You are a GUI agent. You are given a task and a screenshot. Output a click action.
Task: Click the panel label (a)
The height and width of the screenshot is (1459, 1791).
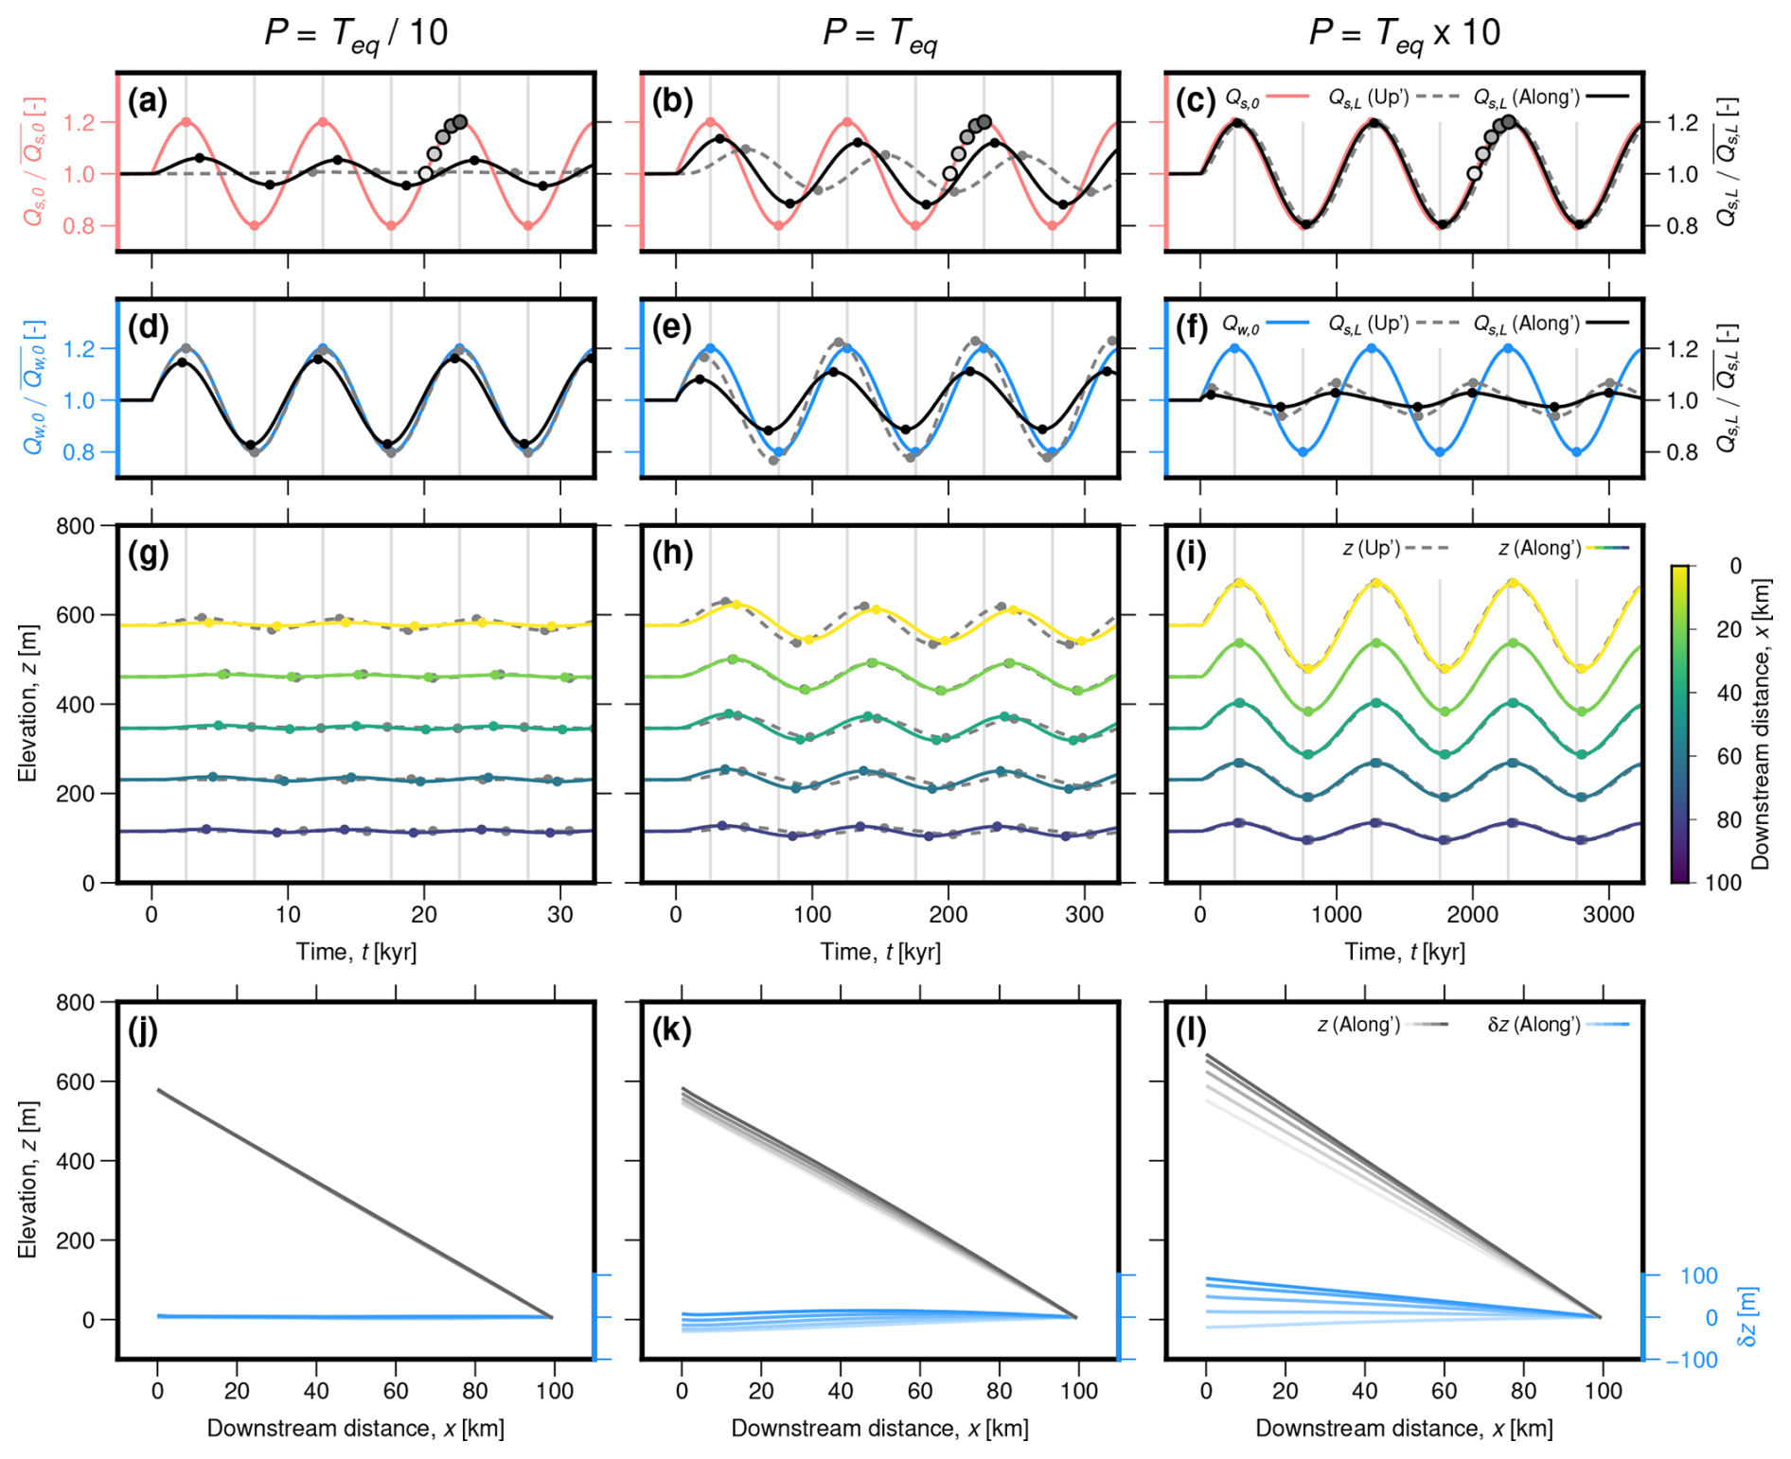point(147,100)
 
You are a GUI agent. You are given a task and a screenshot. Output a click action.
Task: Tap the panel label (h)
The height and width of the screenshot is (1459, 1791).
point(672,553)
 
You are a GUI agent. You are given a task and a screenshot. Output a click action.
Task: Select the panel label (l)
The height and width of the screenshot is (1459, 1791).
point(1195,1029)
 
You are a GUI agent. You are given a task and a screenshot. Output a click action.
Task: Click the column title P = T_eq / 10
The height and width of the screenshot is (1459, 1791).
point(356,34)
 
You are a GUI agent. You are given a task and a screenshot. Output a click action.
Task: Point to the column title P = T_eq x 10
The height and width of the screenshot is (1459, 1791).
point(1405,34)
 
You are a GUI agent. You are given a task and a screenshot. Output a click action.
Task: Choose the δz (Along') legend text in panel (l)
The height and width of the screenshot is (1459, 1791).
point(1534,1025)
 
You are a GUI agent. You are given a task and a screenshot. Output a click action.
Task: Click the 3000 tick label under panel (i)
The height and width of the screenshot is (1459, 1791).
point(1608,915)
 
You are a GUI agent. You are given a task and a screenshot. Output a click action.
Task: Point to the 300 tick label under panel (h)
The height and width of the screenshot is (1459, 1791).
point(1084,915)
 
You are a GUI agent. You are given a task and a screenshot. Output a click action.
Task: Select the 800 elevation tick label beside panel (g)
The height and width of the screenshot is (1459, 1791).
point(75,526)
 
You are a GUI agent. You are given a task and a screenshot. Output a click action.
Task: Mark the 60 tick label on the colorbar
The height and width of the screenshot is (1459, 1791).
point(1729,756)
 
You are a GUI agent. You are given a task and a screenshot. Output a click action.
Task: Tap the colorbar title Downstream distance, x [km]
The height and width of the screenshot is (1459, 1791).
point(1760,724)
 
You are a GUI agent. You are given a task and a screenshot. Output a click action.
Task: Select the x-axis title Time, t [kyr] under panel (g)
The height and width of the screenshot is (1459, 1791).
point(356,952)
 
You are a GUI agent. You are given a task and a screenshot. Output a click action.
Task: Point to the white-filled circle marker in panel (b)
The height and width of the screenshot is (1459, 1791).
point(949,174)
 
